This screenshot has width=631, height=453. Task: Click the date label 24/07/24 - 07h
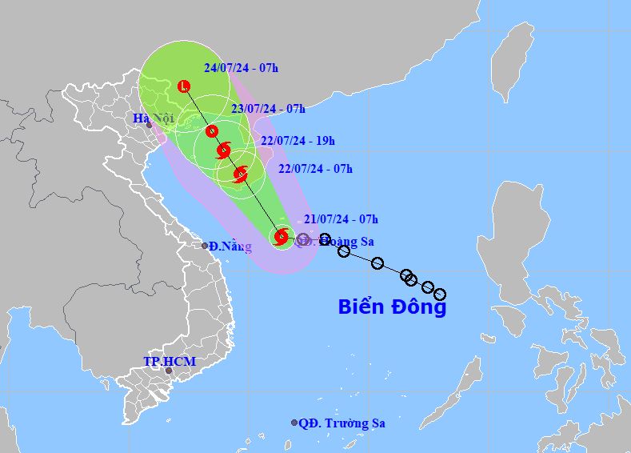[241, 67]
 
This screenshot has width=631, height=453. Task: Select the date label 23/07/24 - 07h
[267, 109]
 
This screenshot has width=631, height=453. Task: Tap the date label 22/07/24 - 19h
[298, 141]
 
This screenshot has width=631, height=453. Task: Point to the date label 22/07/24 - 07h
[315, 169]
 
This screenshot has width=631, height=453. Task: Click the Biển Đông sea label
[392, 306]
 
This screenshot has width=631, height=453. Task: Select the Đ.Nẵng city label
[230, 247]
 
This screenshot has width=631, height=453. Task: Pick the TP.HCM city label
[169, 362]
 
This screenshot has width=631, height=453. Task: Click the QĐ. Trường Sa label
[341, 423]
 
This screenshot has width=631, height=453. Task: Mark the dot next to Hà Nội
[149, 125]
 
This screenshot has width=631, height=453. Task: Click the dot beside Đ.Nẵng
[205, 246]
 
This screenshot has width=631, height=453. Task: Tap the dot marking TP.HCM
[168, 371]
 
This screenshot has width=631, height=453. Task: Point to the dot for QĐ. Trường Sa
[294, 423]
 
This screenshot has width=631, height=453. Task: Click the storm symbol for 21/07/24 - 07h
[281, 236]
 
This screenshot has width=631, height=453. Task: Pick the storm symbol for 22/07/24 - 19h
[224, 150]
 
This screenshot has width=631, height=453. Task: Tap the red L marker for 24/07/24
[185, 86]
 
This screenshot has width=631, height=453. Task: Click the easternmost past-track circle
[439, 295]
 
